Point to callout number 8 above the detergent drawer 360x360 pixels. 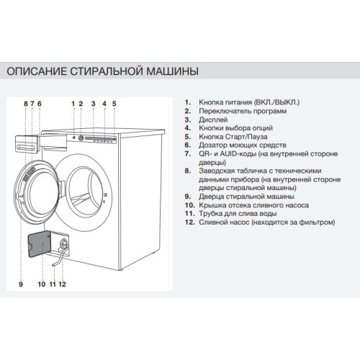click(x=25, y=104)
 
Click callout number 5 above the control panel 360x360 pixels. click(x=114, y=104)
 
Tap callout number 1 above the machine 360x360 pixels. click(x=73, y=104)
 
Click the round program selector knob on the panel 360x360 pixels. click(x=81, y=137)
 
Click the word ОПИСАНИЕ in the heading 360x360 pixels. click(x=36, y=72)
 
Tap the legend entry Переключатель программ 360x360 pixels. click(x=240, y=112)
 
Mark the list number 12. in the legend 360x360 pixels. click(x=189, y=222)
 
